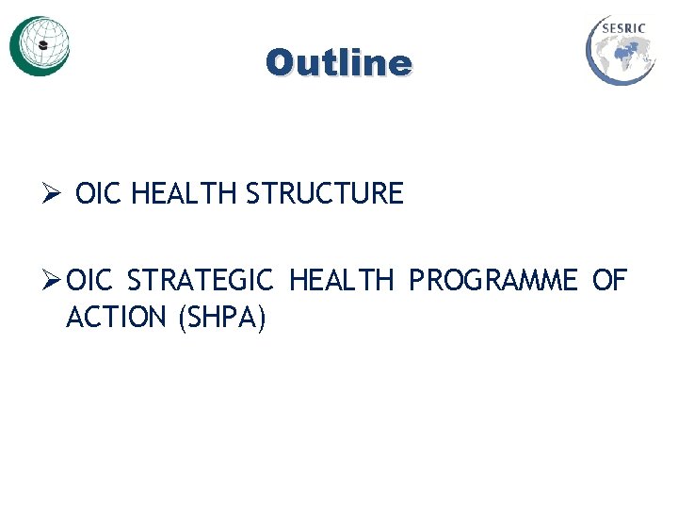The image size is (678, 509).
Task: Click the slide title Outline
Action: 338,63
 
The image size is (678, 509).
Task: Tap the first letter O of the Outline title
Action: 280,63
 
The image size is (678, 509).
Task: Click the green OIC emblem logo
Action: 40,45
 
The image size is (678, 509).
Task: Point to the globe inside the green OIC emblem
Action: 43,42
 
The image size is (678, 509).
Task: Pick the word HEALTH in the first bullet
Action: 185,194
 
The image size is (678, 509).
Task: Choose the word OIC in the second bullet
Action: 91,281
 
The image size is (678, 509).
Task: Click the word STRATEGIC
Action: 200,281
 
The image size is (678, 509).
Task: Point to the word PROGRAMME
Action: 492,281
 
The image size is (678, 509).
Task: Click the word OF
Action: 609,281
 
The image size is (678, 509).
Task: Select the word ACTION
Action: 116,319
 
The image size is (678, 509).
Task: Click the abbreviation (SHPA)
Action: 221,319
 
